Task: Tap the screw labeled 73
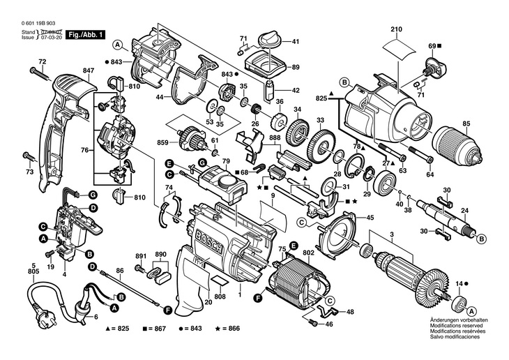click(x=28, y=156)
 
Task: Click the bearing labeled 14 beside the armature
click(x=459, y=303)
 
